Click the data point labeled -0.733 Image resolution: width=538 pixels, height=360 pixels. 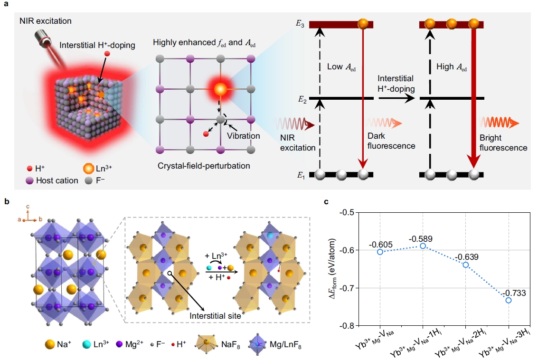point(509,300)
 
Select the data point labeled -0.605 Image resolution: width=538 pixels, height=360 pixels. point(380,252)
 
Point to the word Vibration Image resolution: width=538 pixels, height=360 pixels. point(244,136)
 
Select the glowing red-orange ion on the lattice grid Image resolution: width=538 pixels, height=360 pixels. point(220,89)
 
